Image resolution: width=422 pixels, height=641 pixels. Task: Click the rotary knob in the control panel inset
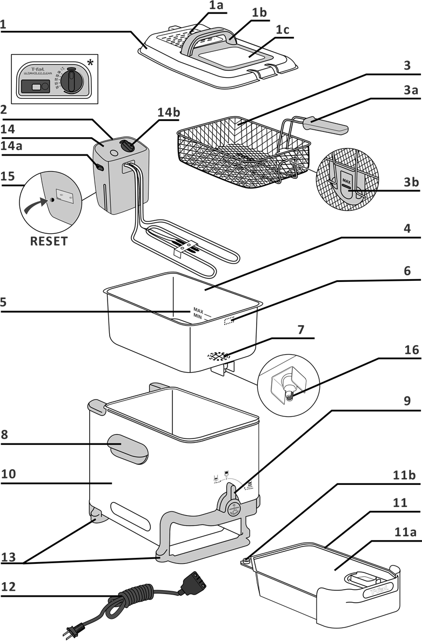coord(70,82)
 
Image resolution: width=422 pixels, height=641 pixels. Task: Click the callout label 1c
coord(281,30)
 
